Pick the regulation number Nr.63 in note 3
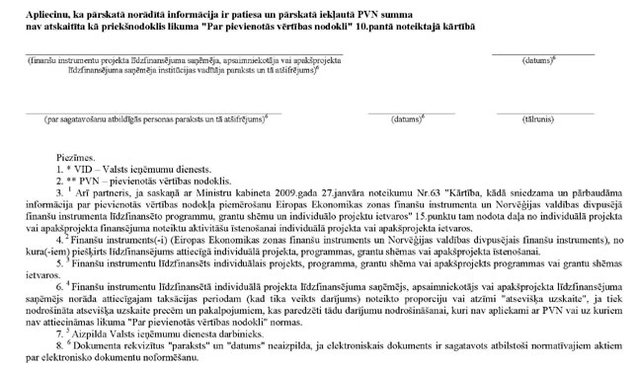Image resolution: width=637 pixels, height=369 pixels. (347, 192)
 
